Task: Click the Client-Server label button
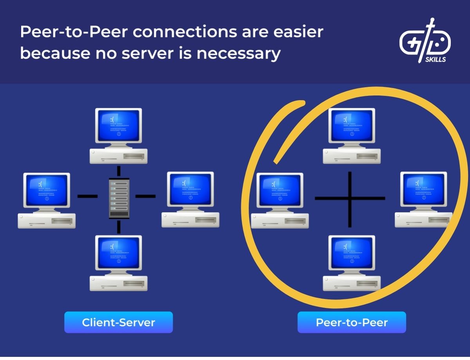tap(118, 322)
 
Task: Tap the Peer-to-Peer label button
tap(351, 322)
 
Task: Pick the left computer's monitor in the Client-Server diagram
tap(47, 190)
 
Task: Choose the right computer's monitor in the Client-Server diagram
tap(190, 189)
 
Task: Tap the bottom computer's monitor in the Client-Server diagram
tap(119, 253)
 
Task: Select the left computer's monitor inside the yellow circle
tap(279, 191)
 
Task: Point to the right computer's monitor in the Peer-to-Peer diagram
tap(423, 190)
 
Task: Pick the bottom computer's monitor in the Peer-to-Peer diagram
tap(351, 253)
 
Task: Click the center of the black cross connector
tap(350, 198)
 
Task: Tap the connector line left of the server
tap(87, 196)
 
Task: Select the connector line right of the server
tap(145, 196)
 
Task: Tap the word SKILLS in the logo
tap(435, 60)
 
